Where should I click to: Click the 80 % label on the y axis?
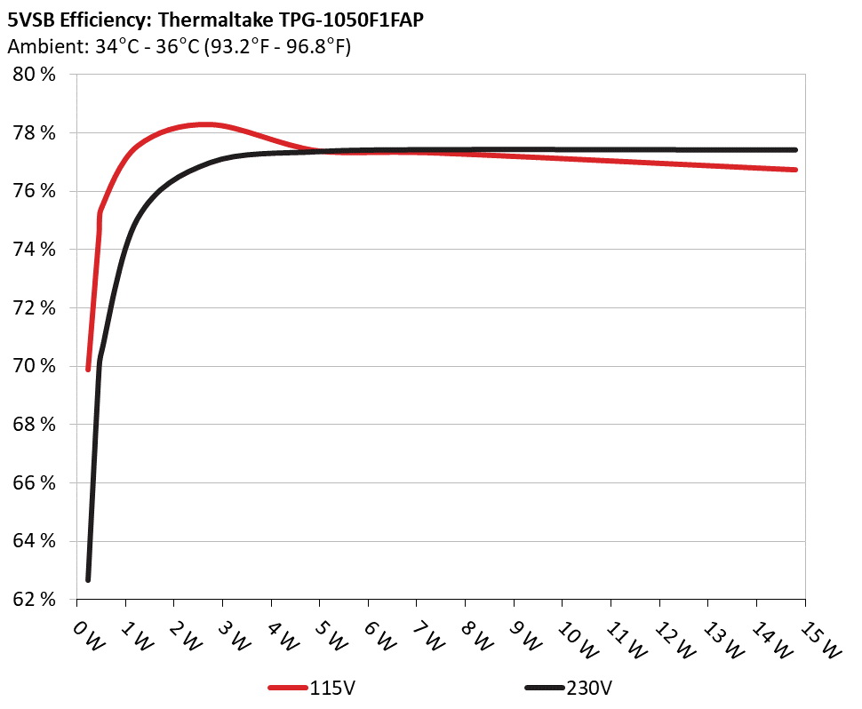(x=35, y=75)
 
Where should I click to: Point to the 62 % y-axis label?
(x=35, y=600)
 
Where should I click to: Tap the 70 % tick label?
(x=35, y=366)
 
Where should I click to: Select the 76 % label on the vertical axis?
(x=35, y=191)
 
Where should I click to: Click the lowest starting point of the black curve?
(x=88, y=579)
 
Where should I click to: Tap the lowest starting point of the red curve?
(x=88, y=369)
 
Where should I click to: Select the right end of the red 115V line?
(x=794, y=170)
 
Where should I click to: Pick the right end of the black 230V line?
(x=794, y=150)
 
